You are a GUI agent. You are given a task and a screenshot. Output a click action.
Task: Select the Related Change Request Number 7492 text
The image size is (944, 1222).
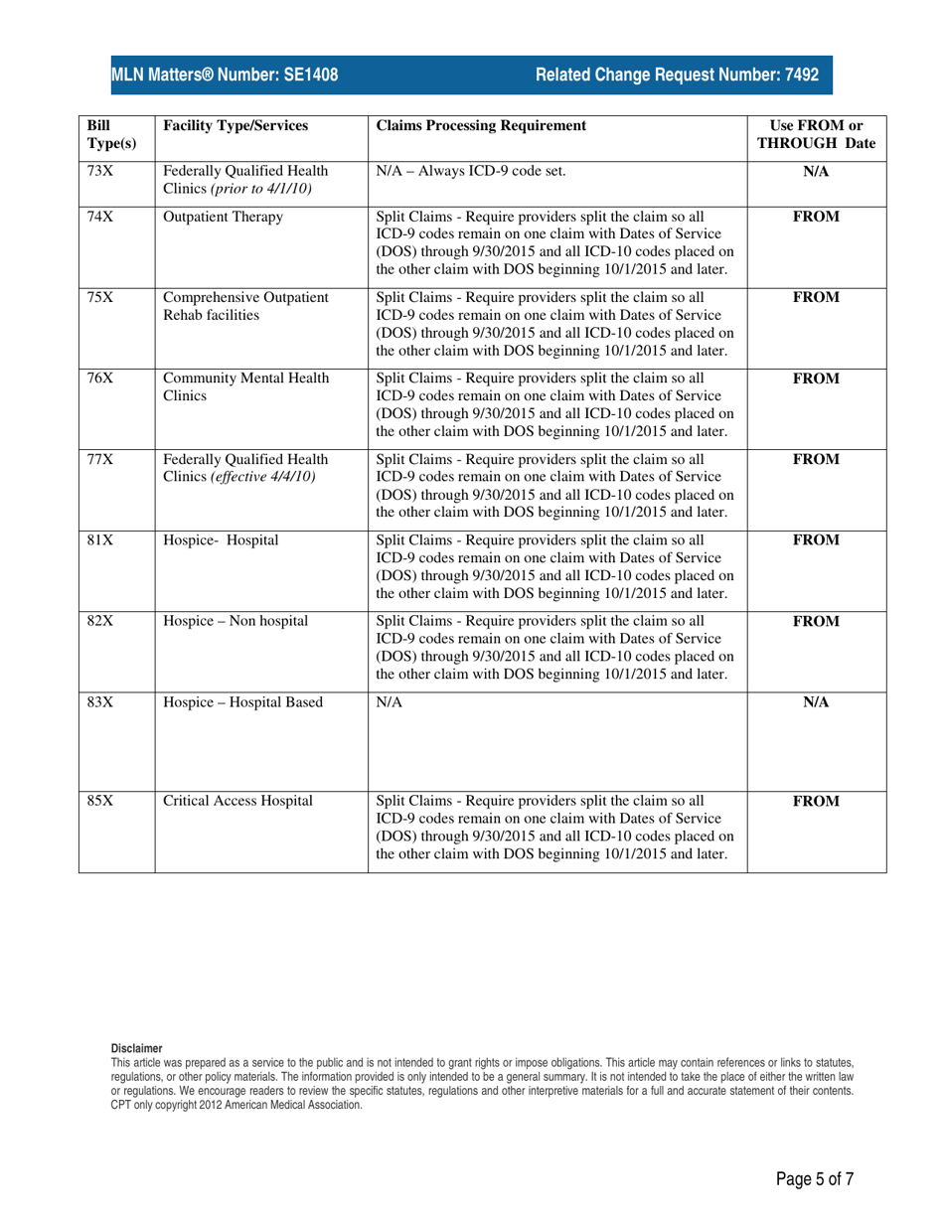677,75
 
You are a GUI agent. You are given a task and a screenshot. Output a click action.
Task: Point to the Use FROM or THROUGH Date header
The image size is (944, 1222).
816,134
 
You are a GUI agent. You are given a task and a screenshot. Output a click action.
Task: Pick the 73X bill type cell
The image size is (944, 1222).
100,171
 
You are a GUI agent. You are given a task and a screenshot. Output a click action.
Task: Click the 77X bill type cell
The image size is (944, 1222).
100,460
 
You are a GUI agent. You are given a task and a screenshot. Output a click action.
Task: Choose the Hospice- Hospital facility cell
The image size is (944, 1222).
221,540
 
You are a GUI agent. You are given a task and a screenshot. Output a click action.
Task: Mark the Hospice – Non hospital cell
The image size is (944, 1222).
236,622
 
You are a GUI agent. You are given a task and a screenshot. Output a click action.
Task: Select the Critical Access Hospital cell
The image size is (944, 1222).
237,801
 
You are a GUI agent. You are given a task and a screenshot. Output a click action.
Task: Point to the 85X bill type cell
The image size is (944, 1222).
100,801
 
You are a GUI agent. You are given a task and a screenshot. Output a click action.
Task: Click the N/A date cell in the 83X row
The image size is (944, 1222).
816,702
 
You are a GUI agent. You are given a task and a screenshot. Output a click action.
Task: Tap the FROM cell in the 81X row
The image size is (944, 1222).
816,540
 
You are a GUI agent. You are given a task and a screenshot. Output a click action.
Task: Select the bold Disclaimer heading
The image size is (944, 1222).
135,1047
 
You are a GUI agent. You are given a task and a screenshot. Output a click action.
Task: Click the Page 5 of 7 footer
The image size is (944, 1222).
815,1179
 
